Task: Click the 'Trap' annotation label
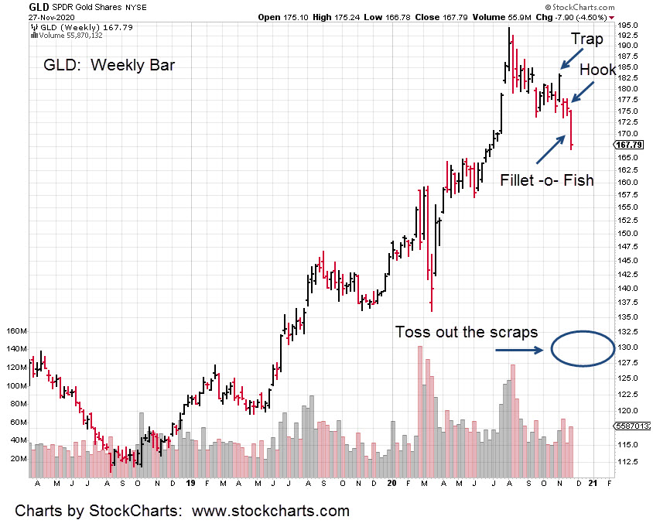click(x=586, y=39)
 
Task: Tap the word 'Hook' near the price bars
click(x=597, y=70)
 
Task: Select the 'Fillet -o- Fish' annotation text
click(x=547, y=180)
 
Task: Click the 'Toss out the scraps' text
click(x=466, y=332)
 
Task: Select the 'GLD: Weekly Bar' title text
click(x=110, y=64)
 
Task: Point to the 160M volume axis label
click(x=16, y=331)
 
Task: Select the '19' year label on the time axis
click(x=190, y=484)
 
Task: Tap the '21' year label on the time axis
click(x=592, y=484)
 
